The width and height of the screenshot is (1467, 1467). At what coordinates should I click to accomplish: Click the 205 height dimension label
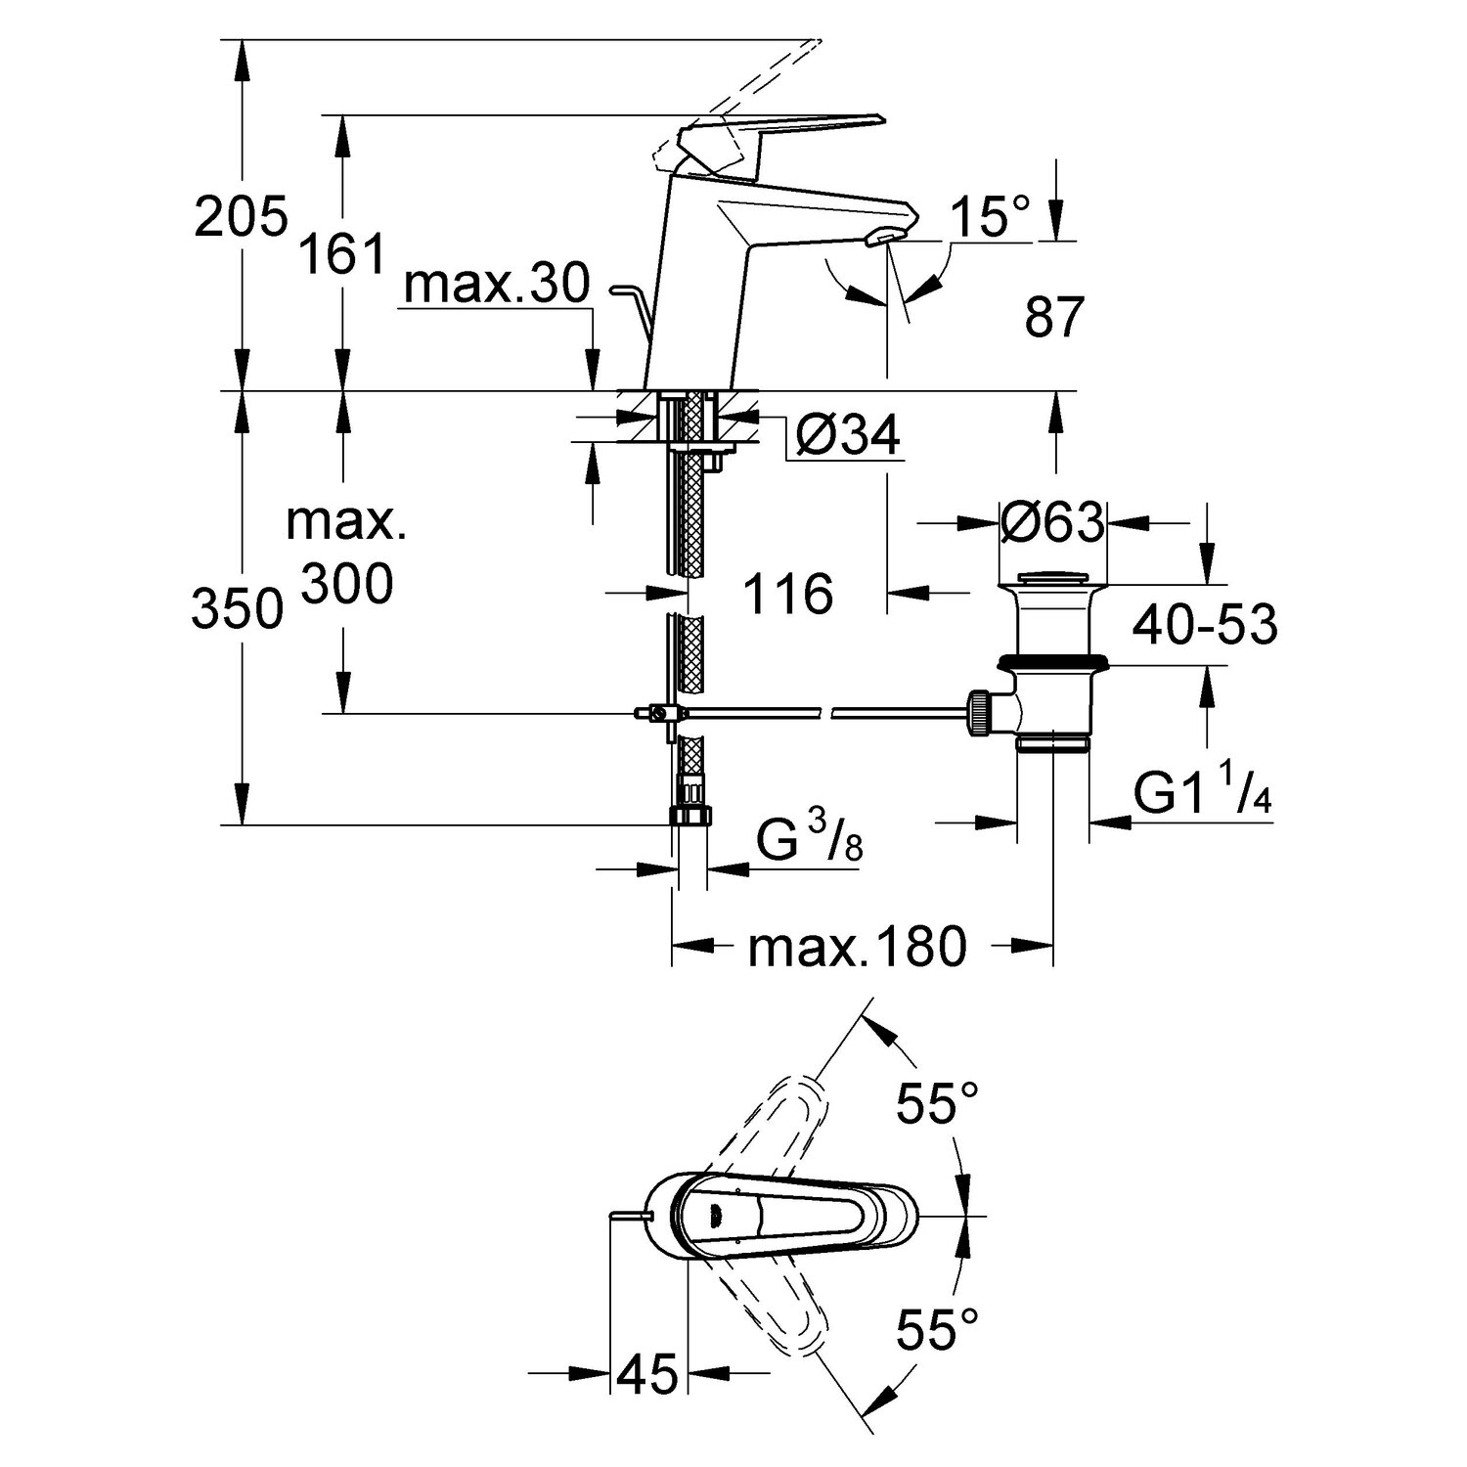point(241,216)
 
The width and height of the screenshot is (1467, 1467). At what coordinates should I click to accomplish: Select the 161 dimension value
point(341,256)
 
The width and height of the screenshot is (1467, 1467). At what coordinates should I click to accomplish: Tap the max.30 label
point(497,284)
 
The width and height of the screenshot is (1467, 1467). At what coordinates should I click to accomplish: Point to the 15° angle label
point(991,216)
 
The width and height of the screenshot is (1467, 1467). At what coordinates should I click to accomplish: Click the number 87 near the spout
point(1055,317)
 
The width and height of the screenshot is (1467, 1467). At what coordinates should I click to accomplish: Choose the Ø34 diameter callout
point(847,435)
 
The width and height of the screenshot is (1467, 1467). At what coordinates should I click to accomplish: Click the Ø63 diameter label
point(1051,522)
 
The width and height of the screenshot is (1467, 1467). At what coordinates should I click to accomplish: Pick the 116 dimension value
point(788,594)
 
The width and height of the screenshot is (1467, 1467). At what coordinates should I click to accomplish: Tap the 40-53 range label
point(1205,625)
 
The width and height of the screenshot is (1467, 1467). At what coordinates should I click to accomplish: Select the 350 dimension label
point(237,611)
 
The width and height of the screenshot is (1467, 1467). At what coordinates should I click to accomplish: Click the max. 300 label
point(346,555)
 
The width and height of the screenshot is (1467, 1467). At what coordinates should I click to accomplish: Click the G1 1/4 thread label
point(1204,794)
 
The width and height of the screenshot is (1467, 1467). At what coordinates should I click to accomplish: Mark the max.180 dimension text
point(857,946)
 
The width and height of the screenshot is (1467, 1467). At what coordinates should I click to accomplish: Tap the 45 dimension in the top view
point(647,1373)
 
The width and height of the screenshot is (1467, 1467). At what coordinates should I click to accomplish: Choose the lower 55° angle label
point(938,1330)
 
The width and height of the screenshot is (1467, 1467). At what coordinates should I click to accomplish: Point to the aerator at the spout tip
point(885,237)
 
